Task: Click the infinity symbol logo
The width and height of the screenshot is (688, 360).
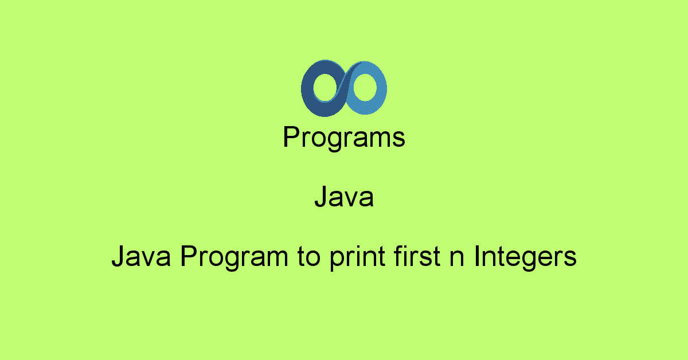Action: click(x=344, y=88)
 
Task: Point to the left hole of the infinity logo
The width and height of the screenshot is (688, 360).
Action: click(x=323, y=88)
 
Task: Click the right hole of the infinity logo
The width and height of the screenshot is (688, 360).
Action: click(x=364, y=88)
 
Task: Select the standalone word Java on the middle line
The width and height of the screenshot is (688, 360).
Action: click(x=344, y=198)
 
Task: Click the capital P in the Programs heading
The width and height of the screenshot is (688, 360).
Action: click(x=291, y=138)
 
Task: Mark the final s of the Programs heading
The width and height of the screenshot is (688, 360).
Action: click(x=400, y=140)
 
